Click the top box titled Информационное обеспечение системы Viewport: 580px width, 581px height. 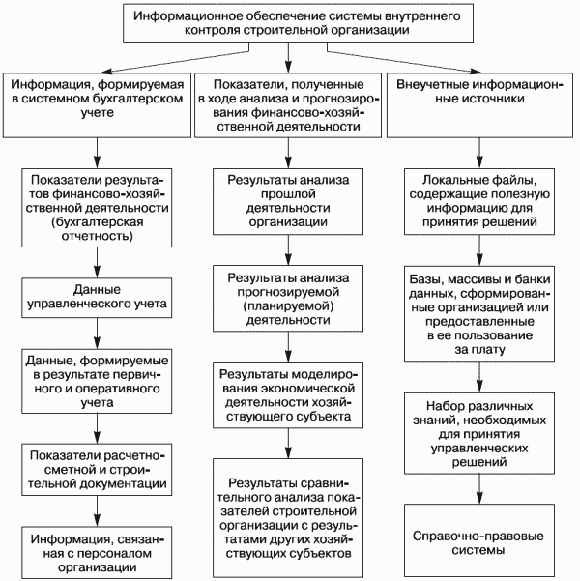tap(298, 23)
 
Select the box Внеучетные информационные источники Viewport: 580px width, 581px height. tap(479, 105)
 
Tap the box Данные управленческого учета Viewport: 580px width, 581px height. tap(97, 298)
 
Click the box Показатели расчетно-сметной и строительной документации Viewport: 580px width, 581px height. tap(97, 470)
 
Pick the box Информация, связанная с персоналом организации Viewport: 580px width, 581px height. tap(97, 552)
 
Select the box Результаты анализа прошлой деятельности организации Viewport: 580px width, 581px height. tap(288, 202)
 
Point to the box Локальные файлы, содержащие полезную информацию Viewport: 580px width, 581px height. tap(479, 202)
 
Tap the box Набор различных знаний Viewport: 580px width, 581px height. tap(479, 433)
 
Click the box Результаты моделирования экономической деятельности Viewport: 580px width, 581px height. tap(288, 395)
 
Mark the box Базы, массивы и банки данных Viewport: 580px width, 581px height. tap(479, 313)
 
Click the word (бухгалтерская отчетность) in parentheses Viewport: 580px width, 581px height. tap(97, 229)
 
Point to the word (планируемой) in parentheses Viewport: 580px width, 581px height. tap(288, 306)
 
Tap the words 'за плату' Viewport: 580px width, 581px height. tap(479, 349)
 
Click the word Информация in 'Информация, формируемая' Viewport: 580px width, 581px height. tap(51, 84)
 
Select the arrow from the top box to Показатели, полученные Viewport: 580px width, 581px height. tap(288, 57)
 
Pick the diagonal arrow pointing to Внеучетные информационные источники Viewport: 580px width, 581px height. tap(404, 59)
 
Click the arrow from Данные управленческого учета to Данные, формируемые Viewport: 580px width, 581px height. tap(97, 334)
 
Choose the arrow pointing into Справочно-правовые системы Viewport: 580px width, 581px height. tap(479, 489)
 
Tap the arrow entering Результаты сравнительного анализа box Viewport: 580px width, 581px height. tap(288, 444)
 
